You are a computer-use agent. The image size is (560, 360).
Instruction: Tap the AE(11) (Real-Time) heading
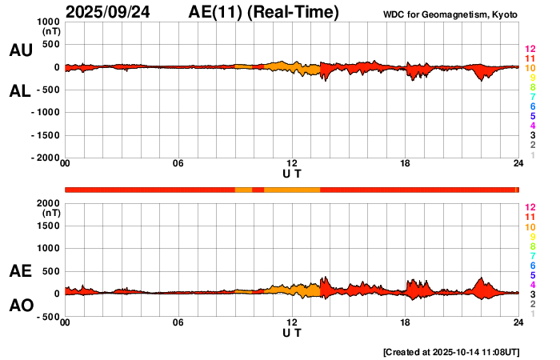264,12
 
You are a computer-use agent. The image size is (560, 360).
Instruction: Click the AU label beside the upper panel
20,50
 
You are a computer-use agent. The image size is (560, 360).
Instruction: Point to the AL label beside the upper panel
20,91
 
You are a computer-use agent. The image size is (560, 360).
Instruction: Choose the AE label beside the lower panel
20,271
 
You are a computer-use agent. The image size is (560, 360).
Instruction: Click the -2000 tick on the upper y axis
46,158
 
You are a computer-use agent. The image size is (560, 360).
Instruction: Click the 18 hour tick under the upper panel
405,164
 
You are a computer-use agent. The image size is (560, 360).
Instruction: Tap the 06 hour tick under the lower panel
178,322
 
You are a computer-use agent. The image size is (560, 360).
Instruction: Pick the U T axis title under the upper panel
292,174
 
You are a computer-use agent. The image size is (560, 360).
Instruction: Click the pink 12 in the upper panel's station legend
530,50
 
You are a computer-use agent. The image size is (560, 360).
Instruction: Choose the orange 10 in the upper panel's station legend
530,69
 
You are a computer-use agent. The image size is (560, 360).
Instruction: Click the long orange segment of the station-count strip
292,190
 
